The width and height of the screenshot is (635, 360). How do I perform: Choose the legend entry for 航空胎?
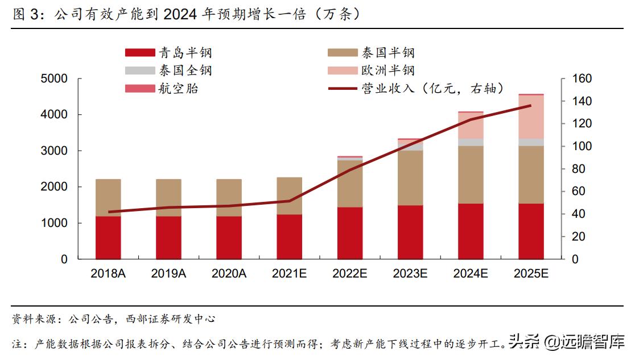point(162,88)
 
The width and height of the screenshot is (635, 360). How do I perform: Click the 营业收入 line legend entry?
point(415,88)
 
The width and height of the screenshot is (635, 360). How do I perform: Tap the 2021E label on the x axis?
point(289,274)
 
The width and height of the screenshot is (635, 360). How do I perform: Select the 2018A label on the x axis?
point(108,274)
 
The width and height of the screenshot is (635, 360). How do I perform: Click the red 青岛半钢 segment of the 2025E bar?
point(531,231)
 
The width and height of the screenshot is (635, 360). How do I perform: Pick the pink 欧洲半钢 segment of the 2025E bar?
point(531,117)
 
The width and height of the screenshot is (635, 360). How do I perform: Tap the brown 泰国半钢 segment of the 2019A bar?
point(168,197)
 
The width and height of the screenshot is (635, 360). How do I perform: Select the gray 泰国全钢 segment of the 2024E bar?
point(471,142)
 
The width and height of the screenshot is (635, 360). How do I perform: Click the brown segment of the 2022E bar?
point(349,183)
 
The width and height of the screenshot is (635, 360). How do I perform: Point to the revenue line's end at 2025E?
point(531,105)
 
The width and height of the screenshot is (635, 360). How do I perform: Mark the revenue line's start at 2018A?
point(108,212)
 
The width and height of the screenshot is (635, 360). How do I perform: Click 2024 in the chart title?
point(179,14)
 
